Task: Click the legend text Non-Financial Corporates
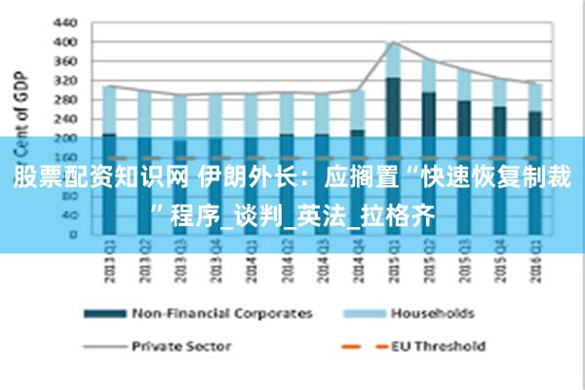click(x=223, y=313)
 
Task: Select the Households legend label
click(x=432, y=313)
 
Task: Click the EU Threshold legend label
click(x=438, y=345)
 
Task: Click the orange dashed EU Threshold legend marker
click(x=360, y=346)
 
